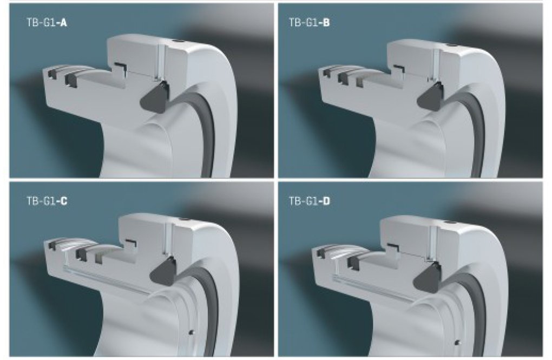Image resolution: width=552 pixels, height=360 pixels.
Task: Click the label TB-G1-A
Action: (x=47, y=23)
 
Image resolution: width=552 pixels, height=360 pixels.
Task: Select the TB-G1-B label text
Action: (x=310, y=23)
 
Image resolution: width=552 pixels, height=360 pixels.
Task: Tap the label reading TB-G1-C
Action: (x=47, y=201)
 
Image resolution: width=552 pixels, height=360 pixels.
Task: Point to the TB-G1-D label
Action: (x=310, y=201)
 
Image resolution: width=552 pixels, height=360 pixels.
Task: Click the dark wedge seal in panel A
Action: (x=155, y=97)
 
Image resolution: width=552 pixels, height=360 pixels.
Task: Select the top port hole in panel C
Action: (x=184, y=221)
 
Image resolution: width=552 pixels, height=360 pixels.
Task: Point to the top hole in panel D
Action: (x=448, y=222)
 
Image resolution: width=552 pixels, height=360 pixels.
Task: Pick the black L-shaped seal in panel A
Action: (x=120, y=67)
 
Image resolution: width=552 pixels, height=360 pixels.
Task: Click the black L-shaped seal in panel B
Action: (x=399, y=68)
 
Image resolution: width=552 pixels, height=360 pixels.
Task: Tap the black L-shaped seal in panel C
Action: (x=131, y=243)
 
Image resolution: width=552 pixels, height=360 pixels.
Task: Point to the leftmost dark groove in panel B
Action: (x=327, y=73)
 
